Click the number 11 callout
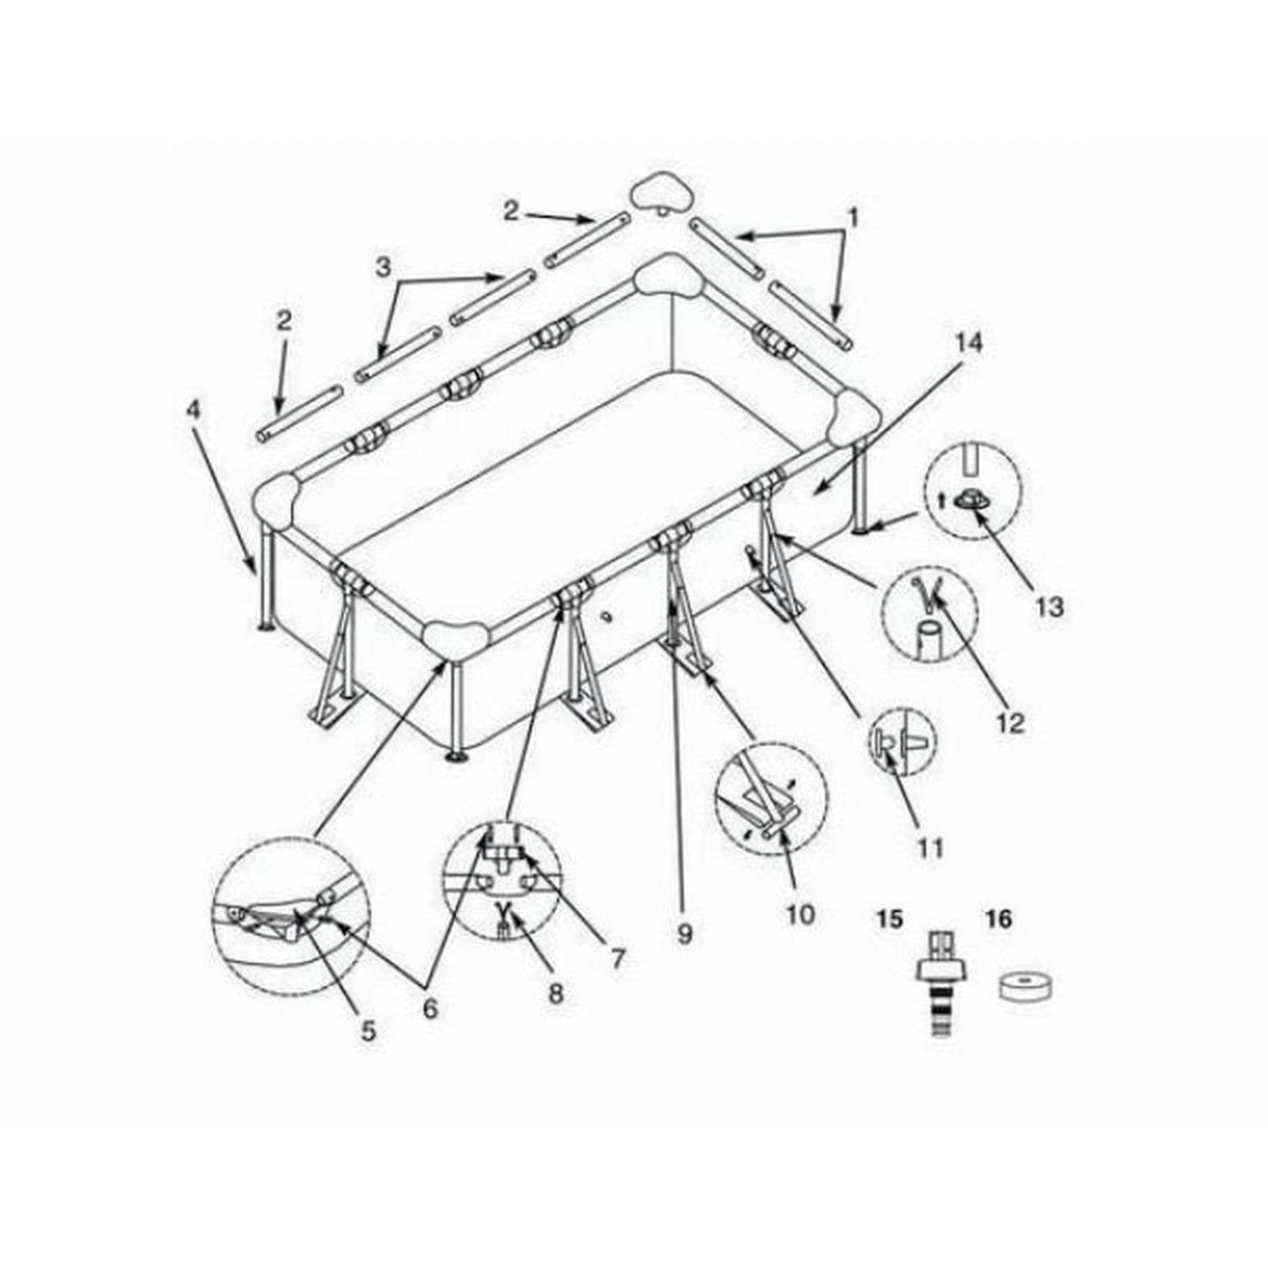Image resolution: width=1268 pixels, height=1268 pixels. coord(930,848)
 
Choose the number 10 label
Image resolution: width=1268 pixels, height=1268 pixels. coord(801,915)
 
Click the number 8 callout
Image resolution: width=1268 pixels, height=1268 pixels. coord(556,993)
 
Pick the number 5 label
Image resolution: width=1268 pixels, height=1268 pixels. coord(369,1031)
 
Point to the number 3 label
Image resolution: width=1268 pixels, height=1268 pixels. coord(384,268)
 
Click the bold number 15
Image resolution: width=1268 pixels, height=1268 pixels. coord(890,919)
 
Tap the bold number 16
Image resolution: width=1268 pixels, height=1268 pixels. coord(999,919)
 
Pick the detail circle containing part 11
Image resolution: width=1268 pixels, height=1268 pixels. coord(903,743)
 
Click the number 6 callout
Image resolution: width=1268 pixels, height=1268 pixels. coord(430,1008)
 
